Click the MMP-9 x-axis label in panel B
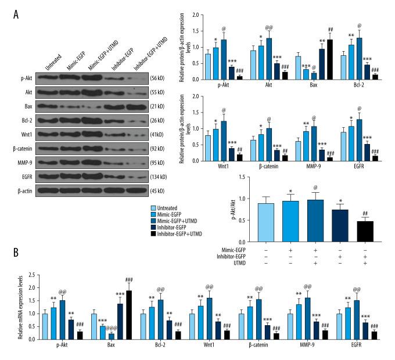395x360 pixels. point(314,352)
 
